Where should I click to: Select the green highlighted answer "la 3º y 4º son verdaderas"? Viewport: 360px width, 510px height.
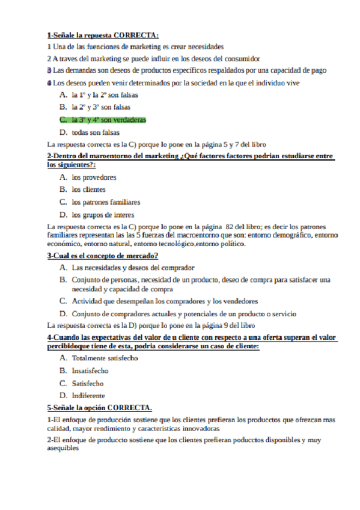pos(108,120)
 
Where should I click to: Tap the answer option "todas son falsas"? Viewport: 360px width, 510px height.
pos(96,132)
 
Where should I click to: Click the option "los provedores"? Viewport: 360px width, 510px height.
pos(94,177)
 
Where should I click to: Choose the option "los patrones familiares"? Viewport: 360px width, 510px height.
pos(106,202)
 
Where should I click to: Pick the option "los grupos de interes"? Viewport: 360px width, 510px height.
pos(103,215)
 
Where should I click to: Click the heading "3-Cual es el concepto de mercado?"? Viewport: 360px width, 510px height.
pos(102,256)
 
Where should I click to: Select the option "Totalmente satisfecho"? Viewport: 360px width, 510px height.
pos(105,358)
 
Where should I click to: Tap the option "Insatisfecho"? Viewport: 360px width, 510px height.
pos(90,370)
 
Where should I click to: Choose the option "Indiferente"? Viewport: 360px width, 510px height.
pos(88,396)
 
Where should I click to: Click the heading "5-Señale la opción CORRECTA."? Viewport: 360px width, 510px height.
pos(99,407)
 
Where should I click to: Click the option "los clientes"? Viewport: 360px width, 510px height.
pos(89,190)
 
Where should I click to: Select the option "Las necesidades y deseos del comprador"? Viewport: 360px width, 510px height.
pos(133,268)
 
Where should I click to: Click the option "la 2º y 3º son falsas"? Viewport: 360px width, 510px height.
pos(100,108)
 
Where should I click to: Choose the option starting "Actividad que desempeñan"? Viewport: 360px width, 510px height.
pos(165,301)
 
